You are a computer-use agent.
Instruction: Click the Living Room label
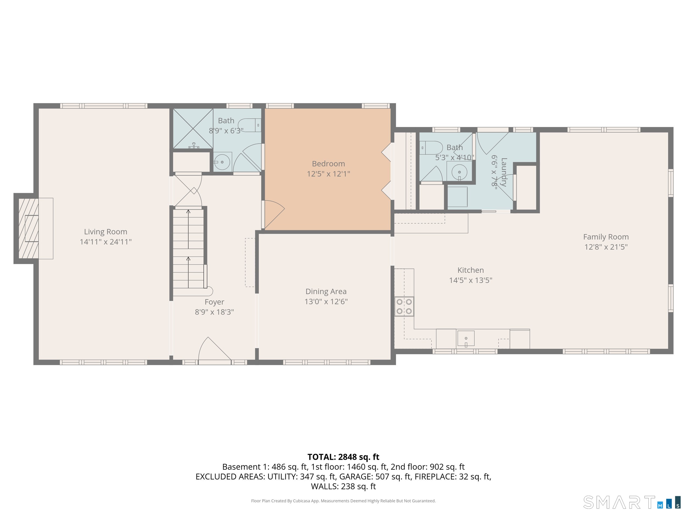[106, 232]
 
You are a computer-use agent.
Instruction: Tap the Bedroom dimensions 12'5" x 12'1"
[328, 174]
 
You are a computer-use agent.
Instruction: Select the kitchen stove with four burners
[404, 307]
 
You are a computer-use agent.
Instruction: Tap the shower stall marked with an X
[193, 128]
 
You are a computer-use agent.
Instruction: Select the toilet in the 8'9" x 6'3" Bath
[250, 125]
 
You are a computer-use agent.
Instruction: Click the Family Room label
[606, 237]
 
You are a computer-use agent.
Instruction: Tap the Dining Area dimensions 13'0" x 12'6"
[326, 301]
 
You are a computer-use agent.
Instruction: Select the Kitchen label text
[470, 270]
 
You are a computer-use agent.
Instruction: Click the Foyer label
[214, 302]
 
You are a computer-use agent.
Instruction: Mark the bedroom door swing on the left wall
[273, 214]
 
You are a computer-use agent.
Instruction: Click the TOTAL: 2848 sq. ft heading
[343, 457]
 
